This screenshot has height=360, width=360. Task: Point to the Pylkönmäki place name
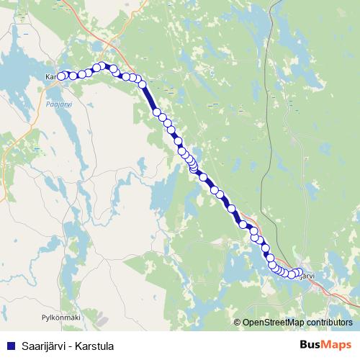60,316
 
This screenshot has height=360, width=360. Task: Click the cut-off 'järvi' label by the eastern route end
307,275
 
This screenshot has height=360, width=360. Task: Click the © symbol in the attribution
238,323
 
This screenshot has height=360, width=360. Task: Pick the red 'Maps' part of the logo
338,345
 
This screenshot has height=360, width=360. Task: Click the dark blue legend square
11,346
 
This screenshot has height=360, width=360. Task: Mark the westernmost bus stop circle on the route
62,75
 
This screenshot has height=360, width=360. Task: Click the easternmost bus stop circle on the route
300,271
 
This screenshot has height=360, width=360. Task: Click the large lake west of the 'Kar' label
18,72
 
